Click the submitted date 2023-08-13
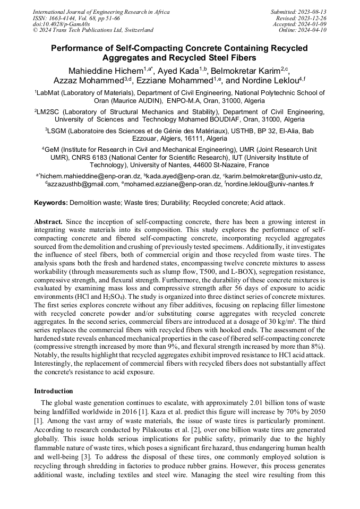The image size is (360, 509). [x=313, y=11]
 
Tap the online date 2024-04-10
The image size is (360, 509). [x=313, y=30]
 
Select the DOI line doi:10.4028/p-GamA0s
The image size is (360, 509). [x=61, y=24]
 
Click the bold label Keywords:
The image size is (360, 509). [x=51, y=203]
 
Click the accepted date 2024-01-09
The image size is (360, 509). [x=313, y=24]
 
